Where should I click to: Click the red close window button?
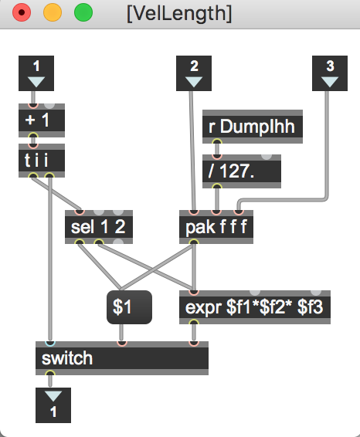[22, 12]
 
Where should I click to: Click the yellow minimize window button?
[53, 12]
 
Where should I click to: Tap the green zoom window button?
[83, 12]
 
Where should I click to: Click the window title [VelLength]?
[179, 13]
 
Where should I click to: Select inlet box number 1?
[36, 73]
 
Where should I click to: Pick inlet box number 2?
[194, 73]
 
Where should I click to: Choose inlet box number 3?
[330, 73]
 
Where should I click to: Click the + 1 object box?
[42, 120]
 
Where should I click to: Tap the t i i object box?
[42, 161]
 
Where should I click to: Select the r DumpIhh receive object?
[253, 127]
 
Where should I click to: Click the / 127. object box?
[242, 171]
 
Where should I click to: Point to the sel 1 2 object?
[99, 227]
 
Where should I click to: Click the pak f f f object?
[216, 227]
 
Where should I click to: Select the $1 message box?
[129, 307]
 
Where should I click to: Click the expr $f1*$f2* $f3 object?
[255, 307]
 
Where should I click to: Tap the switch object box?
[122, 358]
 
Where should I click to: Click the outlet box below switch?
[53, 405]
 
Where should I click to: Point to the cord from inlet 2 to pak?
[192, 151]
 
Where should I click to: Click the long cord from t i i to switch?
[50, 259]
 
